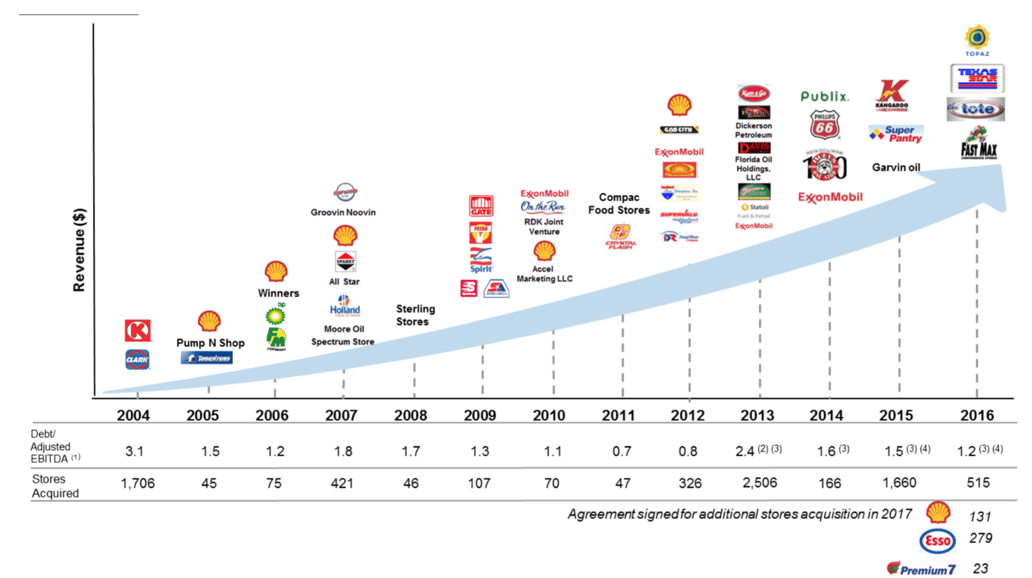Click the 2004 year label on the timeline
(133, 416)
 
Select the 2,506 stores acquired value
(759, 483)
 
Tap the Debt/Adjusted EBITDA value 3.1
(134, 451)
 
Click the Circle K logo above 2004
(137, 330)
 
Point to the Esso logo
(937, 541)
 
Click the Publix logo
(824, 97)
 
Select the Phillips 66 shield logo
(824, 125)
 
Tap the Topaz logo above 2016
(977, 40)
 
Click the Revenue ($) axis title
(80, 250)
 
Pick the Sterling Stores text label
(415, 315)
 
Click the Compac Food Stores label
(619, 203)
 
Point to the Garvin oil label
(896, 167)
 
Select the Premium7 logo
(921, 569)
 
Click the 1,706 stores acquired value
(137, 483)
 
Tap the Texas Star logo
(977, 78)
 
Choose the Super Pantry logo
(896, 134)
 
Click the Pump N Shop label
(210, 342)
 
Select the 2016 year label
(976, 416)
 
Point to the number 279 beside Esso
(980, 538)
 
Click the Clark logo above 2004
(137, 359)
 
